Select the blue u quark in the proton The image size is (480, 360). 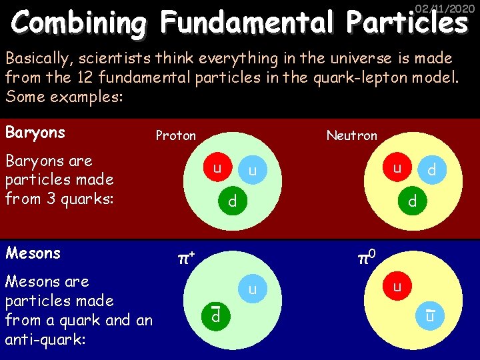(x=252, y=171)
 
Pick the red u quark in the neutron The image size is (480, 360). (x=397, y=167)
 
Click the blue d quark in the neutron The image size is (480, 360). (x=432, y=171)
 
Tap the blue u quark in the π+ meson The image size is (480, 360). (x=252, y=289)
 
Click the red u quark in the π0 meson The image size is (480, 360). (x=397, y=287)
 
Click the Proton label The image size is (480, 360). (x=176, y=136)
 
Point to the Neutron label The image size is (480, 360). (x=351, y=136)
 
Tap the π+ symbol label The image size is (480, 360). (x=184, y=257)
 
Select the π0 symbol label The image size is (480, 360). (x=366, y=256)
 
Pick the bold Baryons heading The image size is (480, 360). (x=35, y=133)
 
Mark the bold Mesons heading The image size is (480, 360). (x=33, y=253)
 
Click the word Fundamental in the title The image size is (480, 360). (x=246, y=24)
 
